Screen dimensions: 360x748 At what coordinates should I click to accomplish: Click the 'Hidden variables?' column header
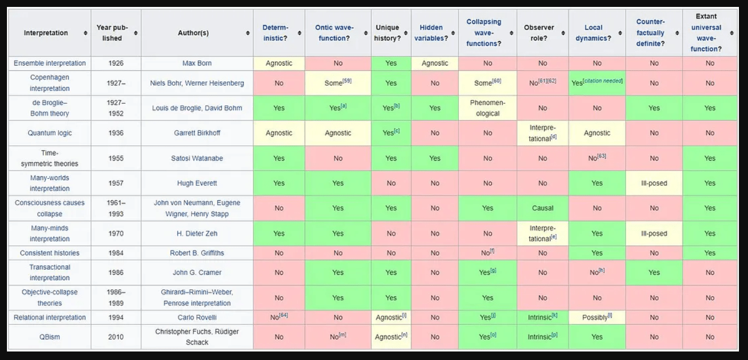tap(431, 33)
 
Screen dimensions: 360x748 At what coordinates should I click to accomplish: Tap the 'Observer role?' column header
tap(539, 33)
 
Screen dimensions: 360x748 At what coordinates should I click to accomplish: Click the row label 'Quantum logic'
tap(50, 133)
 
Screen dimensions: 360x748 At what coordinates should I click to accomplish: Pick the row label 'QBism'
tap(50, 337)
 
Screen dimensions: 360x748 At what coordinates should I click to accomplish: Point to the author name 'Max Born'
tap(197, 63)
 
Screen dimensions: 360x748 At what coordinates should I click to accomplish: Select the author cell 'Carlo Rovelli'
tap(197, 317)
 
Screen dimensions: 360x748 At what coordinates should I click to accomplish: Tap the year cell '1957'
tap(116, 183)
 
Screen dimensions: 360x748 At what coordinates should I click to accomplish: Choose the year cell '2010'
tap(116, 337)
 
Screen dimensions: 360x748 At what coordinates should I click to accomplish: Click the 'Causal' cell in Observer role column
tap(542, 208)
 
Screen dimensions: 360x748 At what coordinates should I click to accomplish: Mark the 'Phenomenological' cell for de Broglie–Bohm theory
tap(488, 108)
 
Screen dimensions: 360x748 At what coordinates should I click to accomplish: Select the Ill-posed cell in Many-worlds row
tap(654, 183)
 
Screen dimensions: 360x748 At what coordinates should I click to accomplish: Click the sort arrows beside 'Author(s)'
tap(248, 33)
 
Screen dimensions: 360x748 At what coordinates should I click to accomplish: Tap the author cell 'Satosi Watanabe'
tap(197, 158)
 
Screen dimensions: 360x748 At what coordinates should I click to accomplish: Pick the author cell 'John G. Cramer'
tap(197, 273)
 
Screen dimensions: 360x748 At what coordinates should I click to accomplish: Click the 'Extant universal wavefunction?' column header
tap(706, 33)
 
